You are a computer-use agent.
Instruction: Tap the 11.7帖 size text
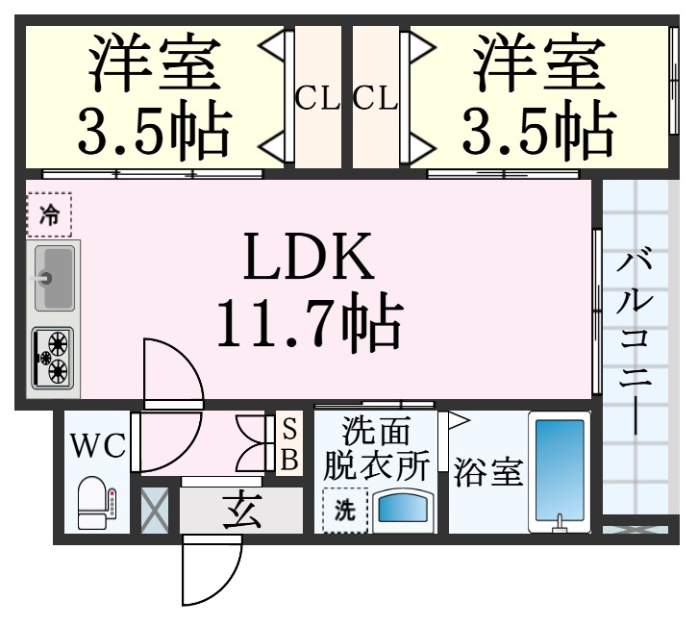pos(307,324)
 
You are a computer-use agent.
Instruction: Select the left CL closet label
pos(316,98)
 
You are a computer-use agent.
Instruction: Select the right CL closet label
pos(375,98)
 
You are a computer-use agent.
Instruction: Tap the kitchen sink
pos(55,278)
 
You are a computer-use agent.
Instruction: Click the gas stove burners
pos(54,357)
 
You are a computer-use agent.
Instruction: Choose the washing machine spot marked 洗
pos(344,511)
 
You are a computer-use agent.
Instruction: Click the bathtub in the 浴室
pos(559,471)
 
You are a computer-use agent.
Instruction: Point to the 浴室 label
pos(488,473)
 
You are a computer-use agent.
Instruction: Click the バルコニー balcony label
pos(635,341)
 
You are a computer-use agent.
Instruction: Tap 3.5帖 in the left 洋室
pos(155,132)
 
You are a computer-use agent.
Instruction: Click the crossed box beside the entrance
pos(154,511)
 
